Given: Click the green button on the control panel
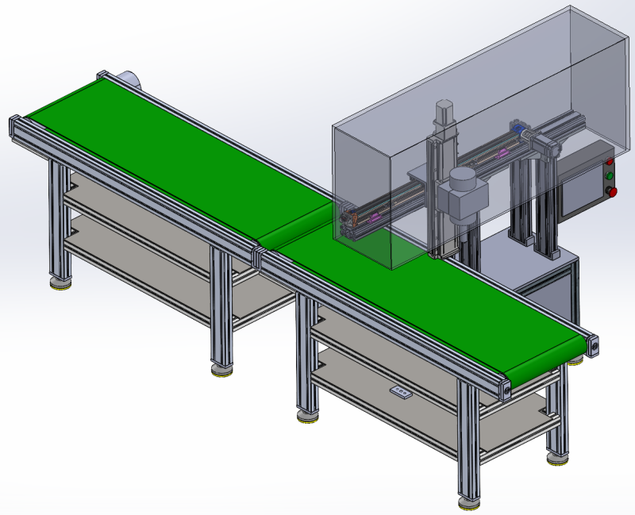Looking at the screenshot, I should click(x=610, y=175).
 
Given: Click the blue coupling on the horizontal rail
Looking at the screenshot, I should click(x=518, y=128).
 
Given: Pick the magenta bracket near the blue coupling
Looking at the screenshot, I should click(x=502, y=152).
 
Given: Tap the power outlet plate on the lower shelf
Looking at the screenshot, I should click(x=400, y=394).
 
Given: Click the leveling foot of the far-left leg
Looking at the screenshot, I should click(x=59, y=282).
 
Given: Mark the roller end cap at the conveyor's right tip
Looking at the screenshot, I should click(x=594, y=345).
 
